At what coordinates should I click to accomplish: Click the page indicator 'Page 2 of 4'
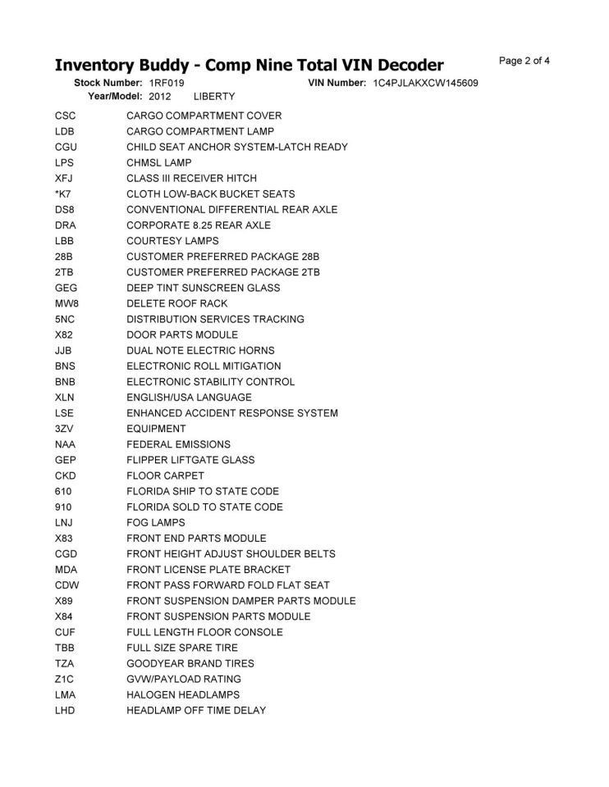point(524,61)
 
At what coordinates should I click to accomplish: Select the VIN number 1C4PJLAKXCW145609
point(425,84)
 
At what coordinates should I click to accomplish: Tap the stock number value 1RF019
point(167,84)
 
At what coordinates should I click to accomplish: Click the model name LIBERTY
point(214,97)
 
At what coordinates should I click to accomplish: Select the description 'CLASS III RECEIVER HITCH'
point(191,179)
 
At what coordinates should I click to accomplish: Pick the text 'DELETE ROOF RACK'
point(177,303)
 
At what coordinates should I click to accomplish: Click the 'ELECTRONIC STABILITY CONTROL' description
point(210,382)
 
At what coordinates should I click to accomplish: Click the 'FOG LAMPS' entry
point(156,522)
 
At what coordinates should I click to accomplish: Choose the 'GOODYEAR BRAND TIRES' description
point(190,663)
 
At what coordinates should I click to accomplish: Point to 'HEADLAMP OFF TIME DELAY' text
point(196,710)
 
